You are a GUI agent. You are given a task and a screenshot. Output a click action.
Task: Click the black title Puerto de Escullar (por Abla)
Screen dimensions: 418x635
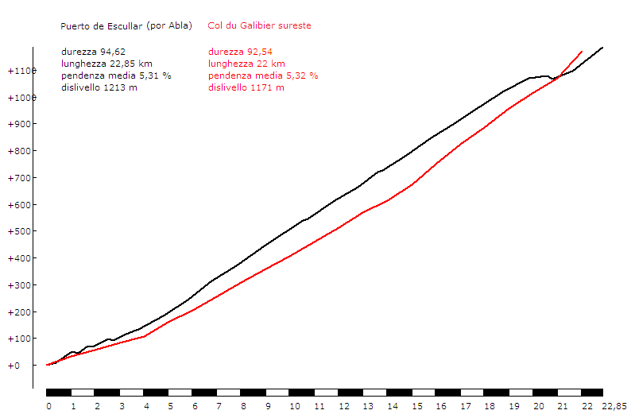click(x=126, y=26)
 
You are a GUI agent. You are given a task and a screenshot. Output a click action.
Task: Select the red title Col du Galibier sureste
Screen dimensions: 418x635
click(x=259, y=26)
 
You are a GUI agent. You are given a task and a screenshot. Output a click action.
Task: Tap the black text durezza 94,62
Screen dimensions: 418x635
click(x=93, y=52)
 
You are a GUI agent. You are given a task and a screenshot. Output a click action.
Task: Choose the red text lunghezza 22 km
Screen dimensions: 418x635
click(x=246, y=64)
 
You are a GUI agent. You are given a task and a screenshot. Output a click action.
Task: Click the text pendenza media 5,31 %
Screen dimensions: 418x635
click(x=116, y=75)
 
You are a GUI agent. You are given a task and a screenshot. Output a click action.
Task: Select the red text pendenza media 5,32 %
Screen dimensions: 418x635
click(x=263, y=75)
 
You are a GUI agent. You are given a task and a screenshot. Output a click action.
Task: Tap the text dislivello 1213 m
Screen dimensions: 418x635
click(x=99, y=87)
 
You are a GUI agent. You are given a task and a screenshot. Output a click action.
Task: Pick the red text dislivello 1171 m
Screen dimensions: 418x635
click(x=246, y=87)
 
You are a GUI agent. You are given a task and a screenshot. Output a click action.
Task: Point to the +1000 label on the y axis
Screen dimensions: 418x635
click(x=21, y=98)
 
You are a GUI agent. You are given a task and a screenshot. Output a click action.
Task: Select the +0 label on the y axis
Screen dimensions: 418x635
click(x=14, y=366)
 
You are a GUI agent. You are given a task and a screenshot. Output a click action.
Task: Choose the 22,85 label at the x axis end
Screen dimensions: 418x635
click(x=614, y=406)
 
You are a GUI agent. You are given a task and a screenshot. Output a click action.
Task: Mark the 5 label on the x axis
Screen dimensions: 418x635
click(x=171, y=406)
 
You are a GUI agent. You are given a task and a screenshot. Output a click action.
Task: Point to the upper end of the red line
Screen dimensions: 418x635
click(x=582, y=51)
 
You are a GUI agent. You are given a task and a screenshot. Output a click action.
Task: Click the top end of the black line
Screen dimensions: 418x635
click(x=602, y=48)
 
